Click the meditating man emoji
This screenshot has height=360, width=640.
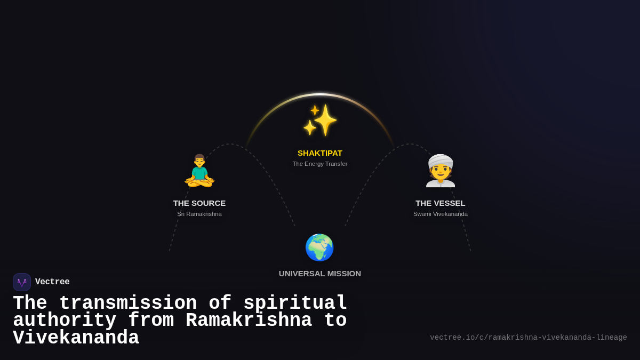coord(199,171)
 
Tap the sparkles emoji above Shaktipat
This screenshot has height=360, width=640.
coord(320,120)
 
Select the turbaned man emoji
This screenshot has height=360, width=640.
coord(441,172)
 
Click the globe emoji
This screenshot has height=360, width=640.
coord(319,247)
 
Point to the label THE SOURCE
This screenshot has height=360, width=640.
coord(199,203)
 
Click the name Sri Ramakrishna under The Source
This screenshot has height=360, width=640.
coord(199,214)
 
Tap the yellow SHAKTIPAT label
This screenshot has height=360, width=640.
coord(320,153)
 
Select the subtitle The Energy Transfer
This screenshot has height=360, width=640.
coord(320,164)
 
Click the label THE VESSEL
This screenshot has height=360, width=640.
coord(441,203)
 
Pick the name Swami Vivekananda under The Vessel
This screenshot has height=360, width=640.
coord(441,214)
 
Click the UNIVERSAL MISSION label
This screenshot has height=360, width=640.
coord(320,274)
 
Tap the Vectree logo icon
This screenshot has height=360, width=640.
coord(22,282)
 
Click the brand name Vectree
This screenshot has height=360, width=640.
coord(52,282)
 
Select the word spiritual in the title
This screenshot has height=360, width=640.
coord(295,303)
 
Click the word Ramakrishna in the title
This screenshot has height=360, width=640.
coord(249,321)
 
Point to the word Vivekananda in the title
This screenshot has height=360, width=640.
coord(76,338)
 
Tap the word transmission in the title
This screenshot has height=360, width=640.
coord(128,303)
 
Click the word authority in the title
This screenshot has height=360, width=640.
coord(65,321)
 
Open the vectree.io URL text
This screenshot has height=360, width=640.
coord(528,338)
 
